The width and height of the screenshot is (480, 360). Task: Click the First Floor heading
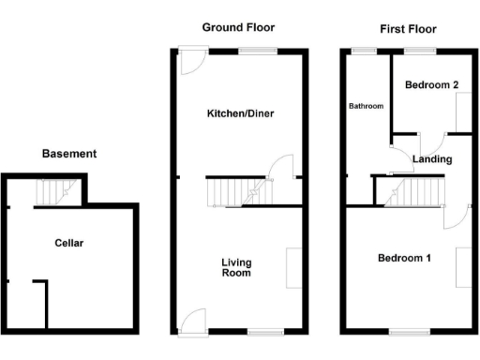coord(407,29)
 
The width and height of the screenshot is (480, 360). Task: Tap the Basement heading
coord(69,154)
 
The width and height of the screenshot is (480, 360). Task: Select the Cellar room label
coord(68,243)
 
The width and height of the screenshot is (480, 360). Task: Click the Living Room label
coord(236,267)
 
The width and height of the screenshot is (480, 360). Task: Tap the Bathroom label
coord(367,106)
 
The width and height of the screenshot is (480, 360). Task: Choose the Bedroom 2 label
coord(431,85)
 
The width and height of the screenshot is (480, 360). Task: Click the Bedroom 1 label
coord(404,258)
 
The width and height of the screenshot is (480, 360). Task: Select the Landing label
coord(432,159)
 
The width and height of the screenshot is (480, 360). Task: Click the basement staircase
coord(51,193)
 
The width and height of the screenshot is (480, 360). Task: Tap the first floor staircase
coord(407,194)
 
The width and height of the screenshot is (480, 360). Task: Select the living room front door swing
coord(193,319)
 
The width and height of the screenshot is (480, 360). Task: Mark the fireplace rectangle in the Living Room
coord(293,266)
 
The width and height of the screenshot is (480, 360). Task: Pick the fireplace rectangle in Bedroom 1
coord(462,266)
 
